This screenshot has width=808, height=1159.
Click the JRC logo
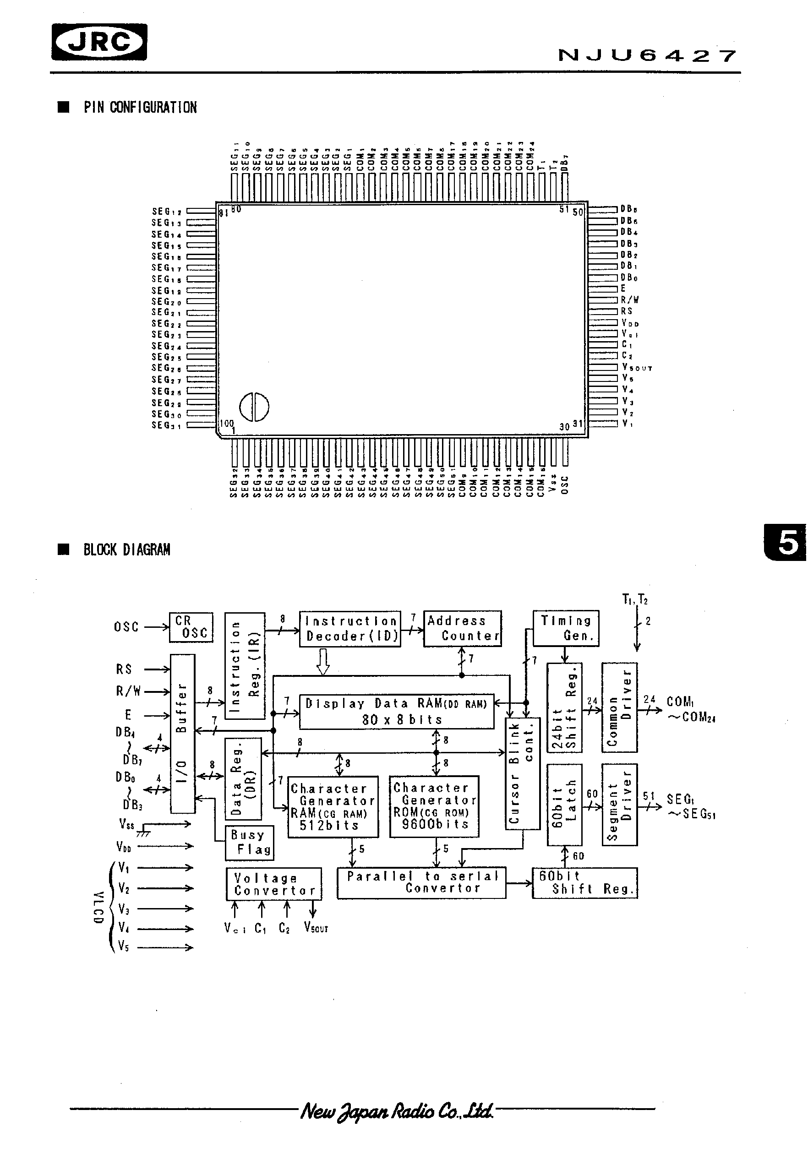pyautogui.click(x=99, y=42)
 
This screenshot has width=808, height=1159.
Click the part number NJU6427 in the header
pyautogui.click(x=647, y=55)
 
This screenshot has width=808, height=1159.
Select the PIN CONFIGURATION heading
pyautogui.click(x=140, y=107)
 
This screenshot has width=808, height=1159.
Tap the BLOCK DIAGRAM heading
pyautogui.click(x=126, y=550)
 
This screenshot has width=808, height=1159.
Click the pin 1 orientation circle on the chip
pyautogui.click(x=254, y=406)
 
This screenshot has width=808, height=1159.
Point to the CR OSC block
pyautogui.click(x=191, y=627)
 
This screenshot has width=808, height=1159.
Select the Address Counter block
pyautogui.click(x=462, y=628)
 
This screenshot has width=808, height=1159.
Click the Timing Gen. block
pyautogui.click(x=566, y=628)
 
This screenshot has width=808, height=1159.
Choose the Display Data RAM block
pyautogui.click(x=396, y=711)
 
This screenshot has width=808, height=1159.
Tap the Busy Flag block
pyautogui.click(x=250, y=843)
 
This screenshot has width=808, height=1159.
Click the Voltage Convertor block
pyautogui.click(x=274, y=884)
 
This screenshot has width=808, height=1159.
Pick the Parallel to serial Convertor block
pyautogui.click(x=421, y=882)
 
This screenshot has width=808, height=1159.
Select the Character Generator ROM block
pyautogui.click(x=434, y=806)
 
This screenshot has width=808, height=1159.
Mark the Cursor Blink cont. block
pyautogui.click(x=522, y=773)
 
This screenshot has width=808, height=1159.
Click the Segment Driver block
pyautogui.click(x=619, y=805)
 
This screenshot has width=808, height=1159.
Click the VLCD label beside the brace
pyautogui.click(x=98, y=907)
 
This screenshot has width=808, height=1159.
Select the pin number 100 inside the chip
pyautogui.click(x=227, y=423)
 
